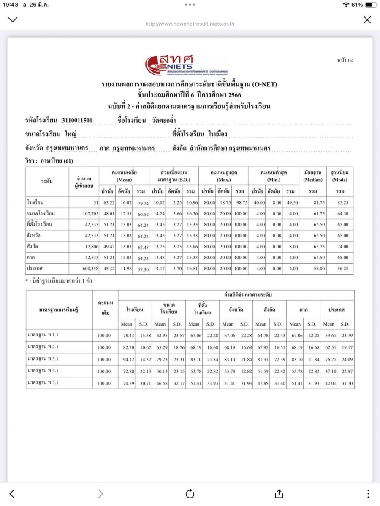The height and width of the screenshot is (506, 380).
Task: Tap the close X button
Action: tap(367, 20)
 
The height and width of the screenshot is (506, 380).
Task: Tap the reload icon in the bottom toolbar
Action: tap(190, 494)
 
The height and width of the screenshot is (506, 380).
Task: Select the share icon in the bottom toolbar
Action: tap(279, 494)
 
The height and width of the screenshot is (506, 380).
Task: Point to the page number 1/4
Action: tap(345, 61)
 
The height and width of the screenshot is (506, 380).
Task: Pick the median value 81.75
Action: tap(312, 203)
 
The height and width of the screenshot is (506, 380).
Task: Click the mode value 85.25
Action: tap(340, 203)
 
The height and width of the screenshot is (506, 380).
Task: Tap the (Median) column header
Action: tap(312, 180)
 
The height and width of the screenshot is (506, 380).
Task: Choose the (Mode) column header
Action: tap(339, 180)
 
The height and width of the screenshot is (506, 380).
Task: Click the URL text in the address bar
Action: tap(190, 24)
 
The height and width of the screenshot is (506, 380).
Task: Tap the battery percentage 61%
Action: tap(357, 5)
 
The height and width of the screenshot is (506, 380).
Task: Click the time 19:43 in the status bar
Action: tap(11, 5)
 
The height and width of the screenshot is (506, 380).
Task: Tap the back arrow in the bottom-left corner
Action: tap(12, 494)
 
